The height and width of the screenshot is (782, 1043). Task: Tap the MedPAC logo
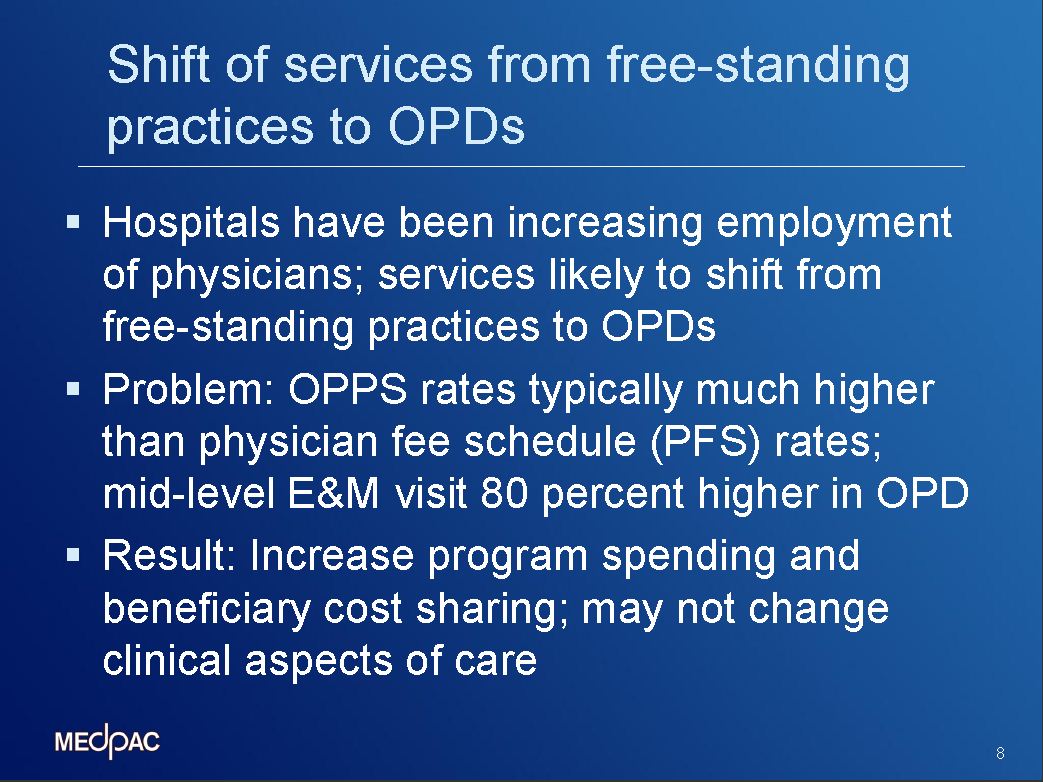click(107, 740)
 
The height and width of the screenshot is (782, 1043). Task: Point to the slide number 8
click(1000, 753)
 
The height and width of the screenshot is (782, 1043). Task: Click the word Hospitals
click(191, 224)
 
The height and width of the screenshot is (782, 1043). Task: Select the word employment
click(834, 224)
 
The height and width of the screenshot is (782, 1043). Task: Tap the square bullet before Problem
click(74, 388)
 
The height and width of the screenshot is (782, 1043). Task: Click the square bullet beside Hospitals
click(74, 221)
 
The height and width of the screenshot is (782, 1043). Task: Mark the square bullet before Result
click(74, 555)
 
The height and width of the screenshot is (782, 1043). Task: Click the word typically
click(606, 391)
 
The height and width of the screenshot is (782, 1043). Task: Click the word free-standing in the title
click(758, 66)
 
